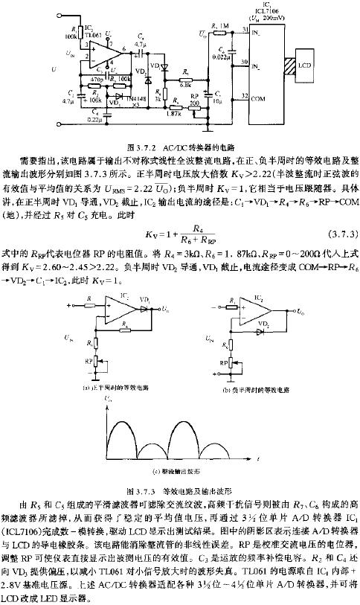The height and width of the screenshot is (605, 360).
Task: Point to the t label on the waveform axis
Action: pyautogui.click(x=256, y=461)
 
